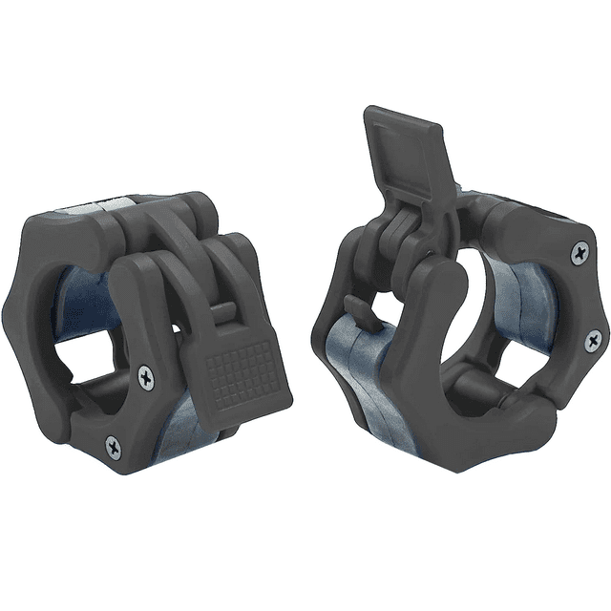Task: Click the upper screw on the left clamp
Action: coord(145,376)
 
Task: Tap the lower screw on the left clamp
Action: coord(114,445)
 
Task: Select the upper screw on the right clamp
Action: coord(579,253)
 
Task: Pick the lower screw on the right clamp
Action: coord(593,340)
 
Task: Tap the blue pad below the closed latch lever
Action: coord(186,425)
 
